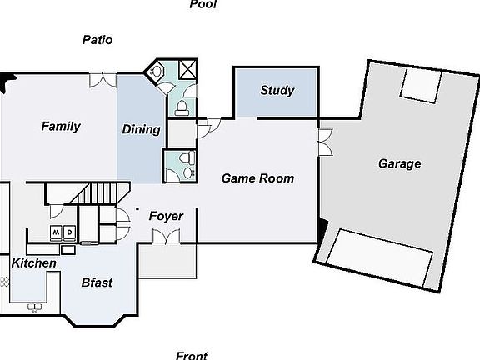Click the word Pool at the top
[202, 5]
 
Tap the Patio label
[97, 39]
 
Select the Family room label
[61, 127]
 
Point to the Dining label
[141, 129]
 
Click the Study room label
[277, 90]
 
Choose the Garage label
[399, 163]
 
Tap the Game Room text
[257, 177]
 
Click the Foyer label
[166, 216]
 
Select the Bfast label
[97, 282]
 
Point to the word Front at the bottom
[191, 355]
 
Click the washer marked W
[57, 231]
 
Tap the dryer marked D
[70, 231]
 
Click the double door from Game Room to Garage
[324, 142]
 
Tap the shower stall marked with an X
[188, 68]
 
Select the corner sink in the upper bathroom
[156, 72]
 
